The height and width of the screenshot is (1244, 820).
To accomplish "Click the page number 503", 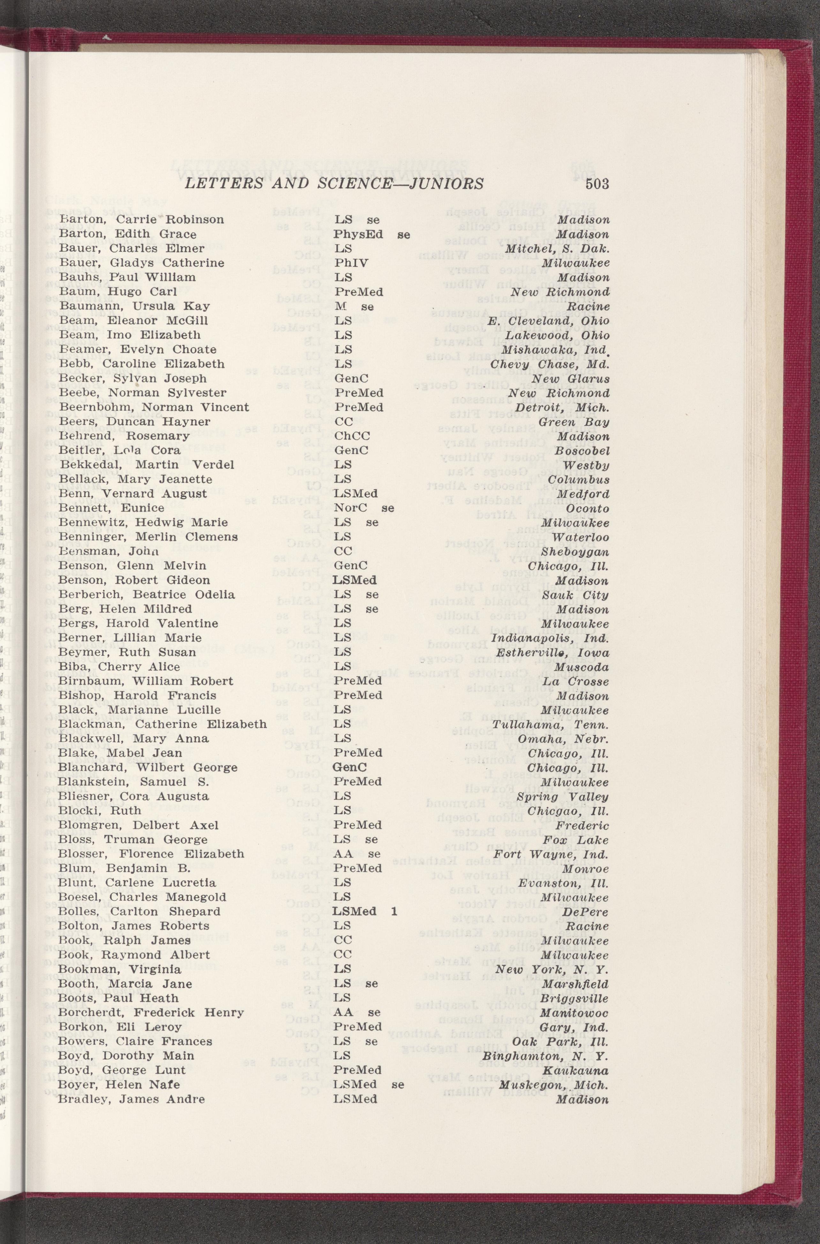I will pyautogui.click(x=597, y=184).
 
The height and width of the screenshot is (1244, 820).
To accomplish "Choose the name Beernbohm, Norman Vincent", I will pyautogui.click(x=154, y=407).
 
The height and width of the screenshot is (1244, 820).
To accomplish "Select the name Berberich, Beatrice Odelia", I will pyautogui.click(x=147, y=595).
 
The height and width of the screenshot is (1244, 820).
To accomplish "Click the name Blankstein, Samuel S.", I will pyautogui.click(x=133, y=782).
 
